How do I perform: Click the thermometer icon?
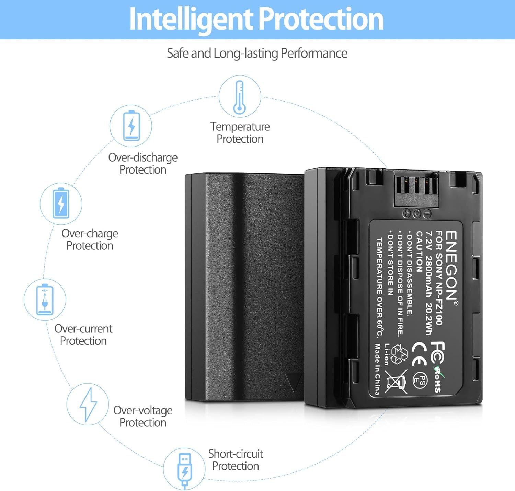[239, 97]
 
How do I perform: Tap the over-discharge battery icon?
[131, 125]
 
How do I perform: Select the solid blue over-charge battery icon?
[61, 203]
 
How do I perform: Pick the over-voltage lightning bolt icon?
[88, 405]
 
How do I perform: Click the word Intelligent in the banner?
[191, 20]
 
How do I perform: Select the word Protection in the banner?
[321, 19]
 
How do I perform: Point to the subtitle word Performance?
[314, 53]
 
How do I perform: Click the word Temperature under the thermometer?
[240, 127]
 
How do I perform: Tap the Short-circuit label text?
[236, 454]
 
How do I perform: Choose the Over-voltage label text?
[143, 410]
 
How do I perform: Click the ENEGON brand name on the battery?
[451, 265]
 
